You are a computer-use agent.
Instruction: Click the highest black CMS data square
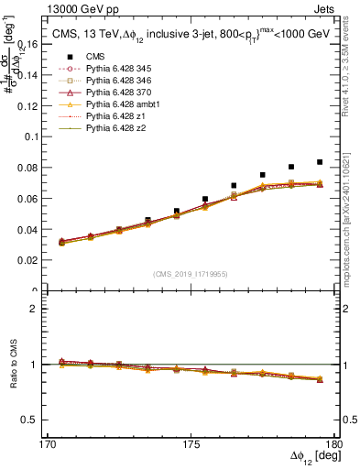(x=320, y=162)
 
